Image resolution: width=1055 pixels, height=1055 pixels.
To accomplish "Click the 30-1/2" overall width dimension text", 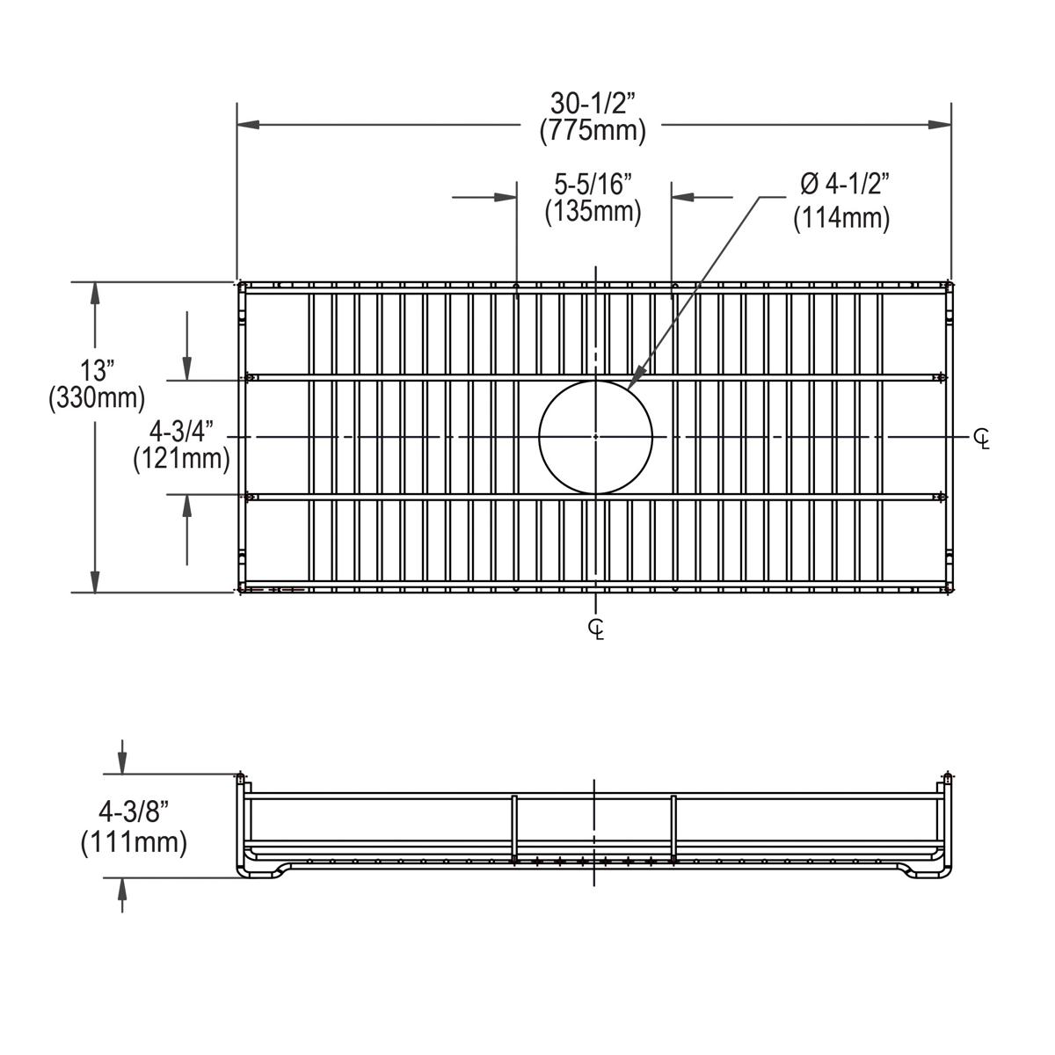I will pyautogui.click(x=593, y=104).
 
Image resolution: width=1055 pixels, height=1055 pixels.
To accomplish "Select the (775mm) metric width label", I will pyautogui.click(x=593, y=131).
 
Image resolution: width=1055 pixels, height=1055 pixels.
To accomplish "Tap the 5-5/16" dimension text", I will pyautogui.click(x=593, y=184).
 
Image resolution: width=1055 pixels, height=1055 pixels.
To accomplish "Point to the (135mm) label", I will pyautogui.click(x=593, y=212).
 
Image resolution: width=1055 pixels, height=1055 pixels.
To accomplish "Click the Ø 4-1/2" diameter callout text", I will pyautogui.click(x=845, y=184).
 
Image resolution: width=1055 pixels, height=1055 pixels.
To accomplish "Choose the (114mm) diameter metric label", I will pyautogui.click(x=841, y=218).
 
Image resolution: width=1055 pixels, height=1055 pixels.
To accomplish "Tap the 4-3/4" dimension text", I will pyautogui.click(x=182, y=432).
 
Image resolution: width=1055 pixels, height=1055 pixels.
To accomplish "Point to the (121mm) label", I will pyautogui.click(x=182, y=459).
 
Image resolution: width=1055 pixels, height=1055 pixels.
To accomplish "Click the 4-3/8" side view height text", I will pyautogui.click(x=134, y=813).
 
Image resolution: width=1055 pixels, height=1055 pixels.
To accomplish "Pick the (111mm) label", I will pyautogui.click(x=134, y=842).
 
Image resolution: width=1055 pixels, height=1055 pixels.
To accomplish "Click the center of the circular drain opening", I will pyautogui.click(x=596, y=437).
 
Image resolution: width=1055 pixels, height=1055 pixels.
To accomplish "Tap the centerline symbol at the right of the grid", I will pyautogui.click(x=982, y=439).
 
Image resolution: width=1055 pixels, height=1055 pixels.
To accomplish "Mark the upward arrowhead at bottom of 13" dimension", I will pyautogui.click(x=94, y=582).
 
